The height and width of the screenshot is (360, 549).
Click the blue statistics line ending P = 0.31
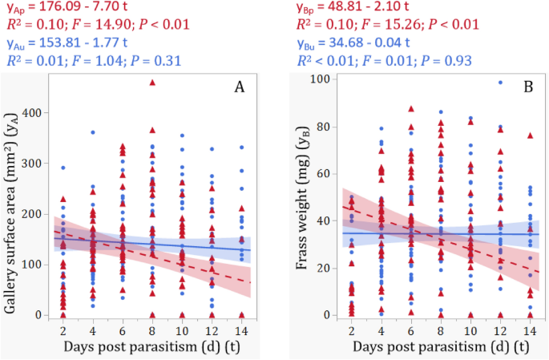(93, 60)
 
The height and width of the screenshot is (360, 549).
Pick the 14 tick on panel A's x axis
(241, 330)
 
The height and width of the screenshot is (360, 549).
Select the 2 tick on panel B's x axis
(351, 330)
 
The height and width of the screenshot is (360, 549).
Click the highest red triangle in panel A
(152, 83)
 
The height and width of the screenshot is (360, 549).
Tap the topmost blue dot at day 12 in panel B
(500, 82)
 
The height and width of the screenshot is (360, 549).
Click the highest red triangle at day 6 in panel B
(411, 109)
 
